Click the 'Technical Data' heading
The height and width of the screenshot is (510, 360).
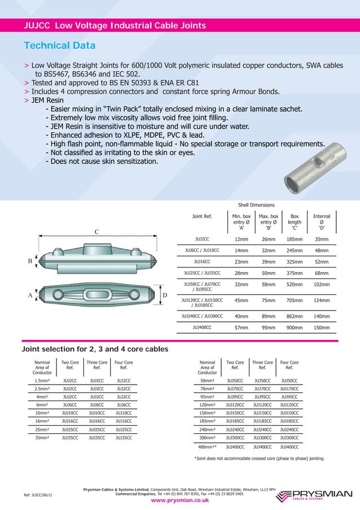point(59,46)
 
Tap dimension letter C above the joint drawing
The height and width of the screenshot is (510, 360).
point(96,232)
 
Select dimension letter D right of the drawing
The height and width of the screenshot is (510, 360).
point(164,295)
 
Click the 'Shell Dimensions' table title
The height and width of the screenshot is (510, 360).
point(257,205)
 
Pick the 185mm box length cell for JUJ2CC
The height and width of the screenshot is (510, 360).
point(294,239)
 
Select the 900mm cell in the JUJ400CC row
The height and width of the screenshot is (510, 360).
point(294,327)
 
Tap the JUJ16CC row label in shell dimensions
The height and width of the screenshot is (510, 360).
point(201,262)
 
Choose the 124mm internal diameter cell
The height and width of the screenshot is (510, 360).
point(322,300)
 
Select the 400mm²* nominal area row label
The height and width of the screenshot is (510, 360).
point(207,447)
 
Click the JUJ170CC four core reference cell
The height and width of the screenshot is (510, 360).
point(289,389)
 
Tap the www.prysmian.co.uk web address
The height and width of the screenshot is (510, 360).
point(179,500)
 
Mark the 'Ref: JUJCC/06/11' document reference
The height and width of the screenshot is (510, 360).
point(38,495)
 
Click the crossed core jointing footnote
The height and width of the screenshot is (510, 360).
point(259,458)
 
